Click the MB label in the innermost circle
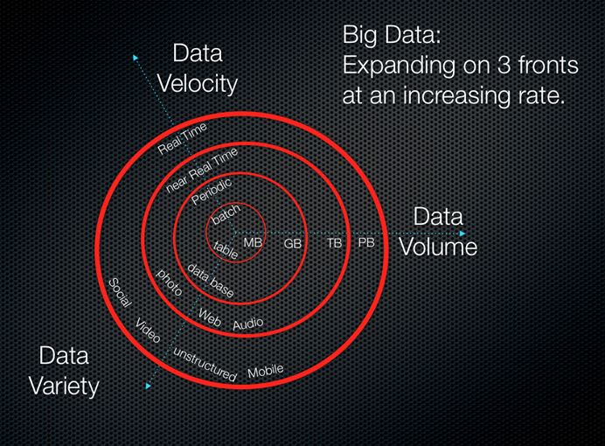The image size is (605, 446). pos(253,241)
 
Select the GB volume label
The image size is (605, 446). pos(293,244)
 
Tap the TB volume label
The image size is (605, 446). pos(335,243)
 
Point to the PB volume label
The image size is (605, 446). pos(366,241)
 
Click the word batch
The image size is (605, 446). pos(226,214)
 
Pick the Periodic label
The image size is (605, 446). pos(211,187)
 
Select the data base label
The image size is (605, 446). pos(211,281)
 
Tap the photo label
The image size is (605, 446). pos(169,282)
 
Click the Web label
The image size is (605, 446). pos(210,317)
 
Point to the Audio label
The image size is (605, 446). pos(247,324)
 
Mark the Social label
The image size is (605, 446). pos(119,293)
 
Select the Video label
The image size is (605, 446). pos(147,331)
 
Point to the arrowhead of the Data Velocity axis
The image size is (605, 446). pos(136,58)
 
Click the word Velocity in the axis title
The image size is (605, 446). pos(196,84)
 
